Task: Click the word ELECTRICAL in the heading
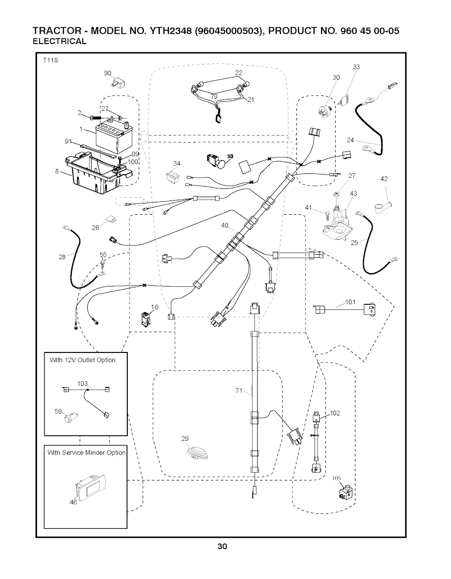[60, 42]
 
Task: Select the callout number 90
[107, 73]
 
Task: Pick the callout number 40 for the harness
[225, 226]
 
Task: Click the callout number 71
[239, 391]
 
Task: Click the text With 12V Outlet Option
[82, 360]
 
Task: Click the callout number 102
[335, 413]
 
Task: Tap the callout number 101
[350, 302]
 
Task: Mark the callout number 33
[356, 67]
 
